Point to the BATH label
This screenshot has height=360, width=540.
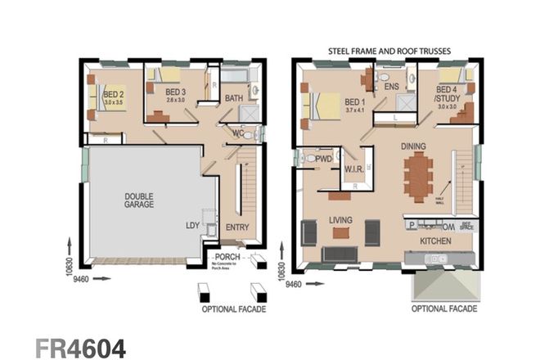(234, 99)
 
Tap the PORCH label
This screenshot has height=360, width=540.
(227, 257)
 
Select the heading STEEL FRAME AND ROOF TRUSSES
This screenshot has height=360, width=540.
(389, 51)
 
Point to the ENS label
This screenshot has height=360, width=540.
(391, 85)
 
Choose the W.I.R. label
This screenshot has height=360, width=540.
(354, 170)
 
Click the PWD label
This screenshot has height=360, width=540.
(323, 157)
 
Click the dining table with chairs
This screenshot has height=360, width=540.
(418, 177)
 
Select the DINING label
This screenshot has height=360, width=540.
(416, 146)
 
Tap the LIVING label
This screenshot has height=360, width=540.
(340, 221)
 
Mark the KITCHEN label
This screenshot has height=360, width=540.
(438, 242)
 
